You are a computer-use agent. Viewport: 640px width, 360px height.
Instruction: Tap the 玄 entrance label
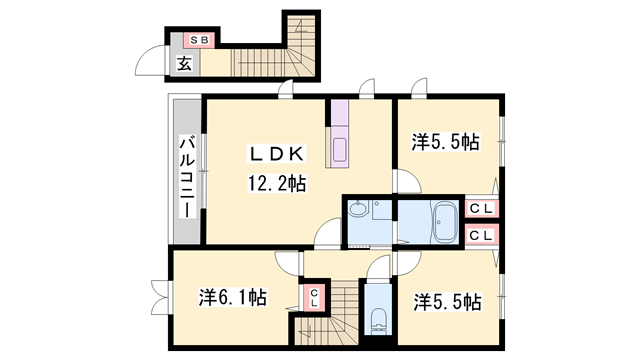coord(184,64)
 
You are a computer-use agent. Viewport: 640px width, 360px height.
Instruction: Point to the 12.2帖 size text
coord(277,184)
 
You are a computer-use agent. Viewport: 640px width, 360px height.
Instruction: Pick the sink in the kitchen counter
coord(339,150)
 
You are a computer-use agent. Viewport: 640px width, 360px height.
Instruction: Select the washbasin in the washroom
coord(358,210)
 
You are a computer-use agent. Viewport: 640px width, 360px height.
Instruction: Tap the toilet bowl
coord(378,319)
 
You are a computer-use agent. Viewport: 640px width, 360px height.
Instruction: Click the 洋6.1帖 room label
coord(232,297)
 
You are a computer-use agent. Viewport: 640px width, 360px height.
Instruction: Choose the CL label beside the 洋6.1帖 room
coord(313,297)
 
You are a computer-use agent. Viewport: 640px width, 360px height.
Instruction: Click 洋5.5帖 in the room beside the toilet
coord(446,301)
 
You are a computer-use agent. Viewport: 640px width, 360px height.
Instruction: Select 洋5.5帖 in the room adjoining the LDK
coord(446,142)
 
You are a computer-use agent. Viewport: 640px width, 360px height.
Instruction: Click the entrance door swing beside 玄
coord(151,62)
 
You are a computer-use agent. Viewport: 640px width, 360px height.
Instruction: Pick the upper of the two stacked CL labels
coord(481,209)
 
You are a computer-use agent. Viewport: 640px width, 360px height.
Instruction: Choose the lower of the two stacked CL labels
coord(481,236)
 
